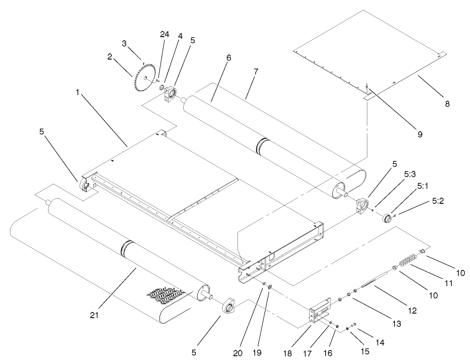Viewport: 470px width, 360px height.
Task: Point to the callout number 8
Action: click(x=447, y=103)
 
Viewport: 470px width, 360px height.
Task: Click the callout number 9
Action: click(x=420, y=134)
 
